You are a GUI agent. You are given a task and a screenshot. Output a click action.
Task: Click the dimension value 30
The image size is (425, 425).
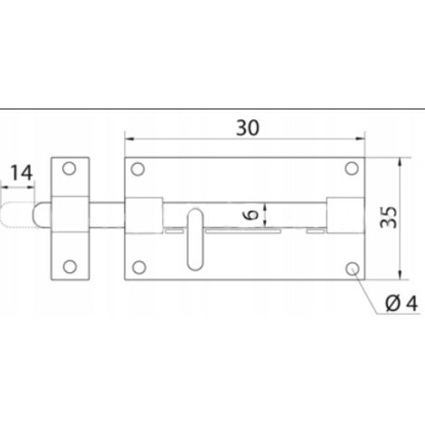click(248, 127)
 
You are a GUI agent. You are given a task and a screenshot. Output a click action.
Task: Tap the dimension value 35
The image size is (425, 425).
click(389, 217)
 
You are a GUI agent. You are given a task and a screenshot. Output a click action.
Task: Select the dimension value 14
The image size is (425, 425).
click(22, 173)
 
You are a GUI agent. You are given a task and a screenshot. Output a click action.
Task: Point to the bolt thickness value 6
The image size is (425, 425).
click(250, 214)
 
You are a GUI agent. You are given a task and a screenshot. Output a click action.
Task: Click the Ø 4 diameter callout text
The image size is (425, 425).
click(401, 303)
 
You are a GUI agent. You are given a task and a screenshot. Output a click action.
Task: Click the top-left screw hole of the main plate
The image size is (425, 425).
click(137, 169)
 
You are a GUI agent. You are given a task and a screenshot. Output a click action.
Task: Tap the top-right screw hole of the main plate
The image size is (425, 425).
click(352, 168)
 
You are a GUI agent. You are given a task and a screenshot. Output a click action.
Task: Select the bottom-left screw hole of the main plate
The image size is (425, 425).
click(139, 268)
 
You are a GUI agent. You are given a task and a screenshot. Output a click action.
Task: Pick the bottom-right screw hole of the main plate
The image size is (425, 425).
click(353, 269)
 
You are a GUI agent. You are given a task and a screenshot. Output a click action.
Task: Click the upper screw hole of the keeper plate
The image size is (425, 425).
click(69, 168)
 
